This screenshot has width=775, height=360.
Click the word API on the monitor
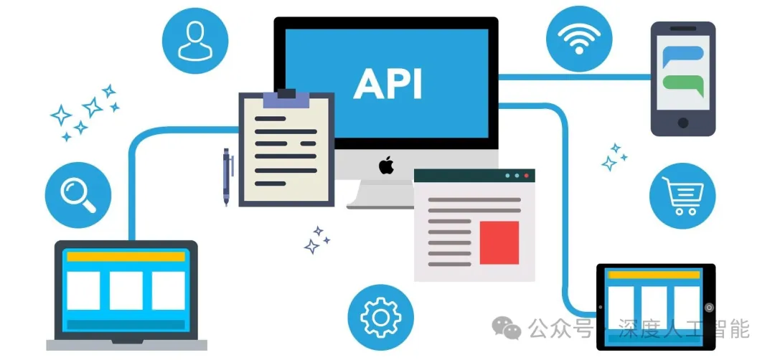(x=387, y=83)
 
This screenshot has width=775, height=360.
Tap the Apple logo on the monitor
(x=387, y=166)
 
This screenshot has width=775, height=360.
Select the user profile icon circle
(x=195, y=40)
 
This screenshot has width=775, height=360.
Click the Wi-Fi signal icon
(x=579, y=39)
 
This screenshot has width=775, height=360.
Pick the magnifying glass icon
(x=78, y=195)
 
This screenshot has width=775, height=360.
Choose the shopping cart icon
(x=682, y=196)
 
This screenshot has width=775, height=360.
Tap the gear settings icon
(x=380, y=317)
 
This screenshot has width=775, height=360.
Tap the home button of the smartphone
(x=683, y=123)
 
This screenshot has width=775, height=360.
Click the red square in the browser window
(x=499, y=242)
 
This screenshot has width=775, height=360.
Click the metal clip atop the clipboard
(x=286, y=98)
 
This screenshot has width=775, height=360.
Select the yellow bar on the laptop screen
(x=126, y=256)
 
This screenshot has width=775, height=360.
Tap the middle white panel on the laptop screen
(x=126, y=290)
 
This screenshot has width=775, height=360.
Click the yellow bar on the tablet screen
(x=655, y=275)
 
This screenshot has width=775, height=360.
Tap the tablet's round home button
(x=709, y=307)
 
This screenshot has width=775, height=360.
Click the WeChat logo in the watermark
(x=506, y=328)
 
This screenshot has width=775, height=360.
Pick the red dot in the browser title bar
(x=527, y=175)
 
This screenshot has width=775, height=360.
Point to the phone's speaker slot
(x=683, y=29)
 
